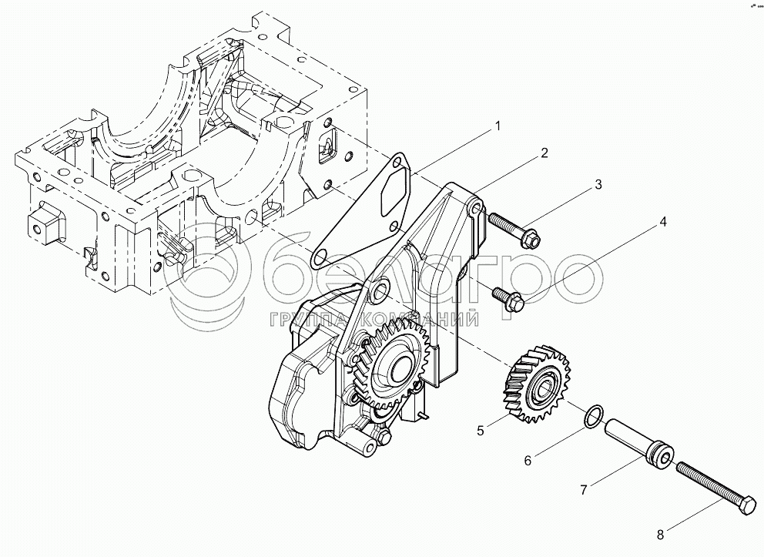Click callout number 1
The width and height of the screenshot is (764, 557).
coord(498,126)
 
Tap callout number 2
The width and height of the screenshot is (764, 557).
coord(544,153)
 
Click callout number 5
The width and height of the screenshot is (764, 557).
coord(481,431)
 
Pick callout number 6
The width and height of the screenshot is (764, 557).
coord(528,461)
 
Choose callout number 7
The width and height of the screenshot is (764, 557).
coord(584,488)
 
